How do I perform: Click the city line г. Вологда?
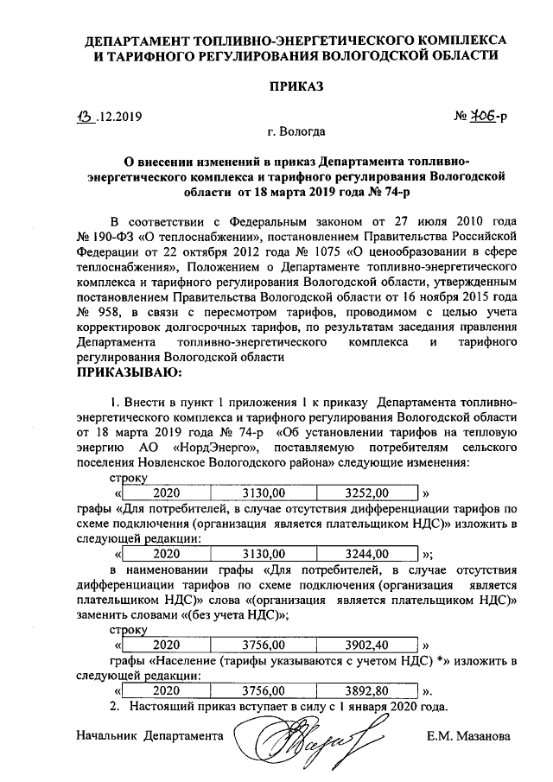(296, 132)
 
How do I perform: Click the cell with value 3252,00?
(367, 493)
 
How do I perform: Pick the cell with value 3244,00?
(367, 554)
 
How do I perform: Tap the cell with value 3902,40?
(367, 645)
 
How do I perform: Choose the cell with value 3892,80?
(367, 690)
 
